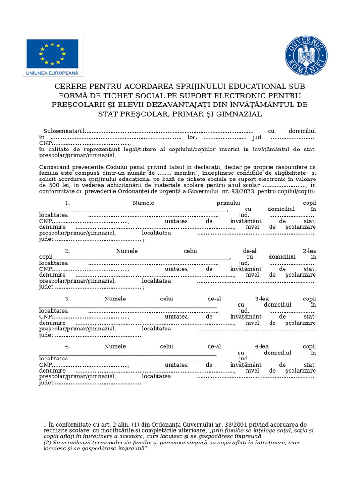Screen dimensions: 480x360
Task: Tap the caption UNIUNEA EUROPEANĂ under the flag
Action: coord(52,73)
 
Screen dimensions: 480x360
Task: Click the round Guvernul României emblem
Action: coord(307,56)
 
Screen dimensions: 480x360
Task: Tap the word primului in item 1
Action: coord(228,203)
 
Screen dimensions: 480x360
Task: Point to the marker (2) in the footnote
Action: coord(47,442)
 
